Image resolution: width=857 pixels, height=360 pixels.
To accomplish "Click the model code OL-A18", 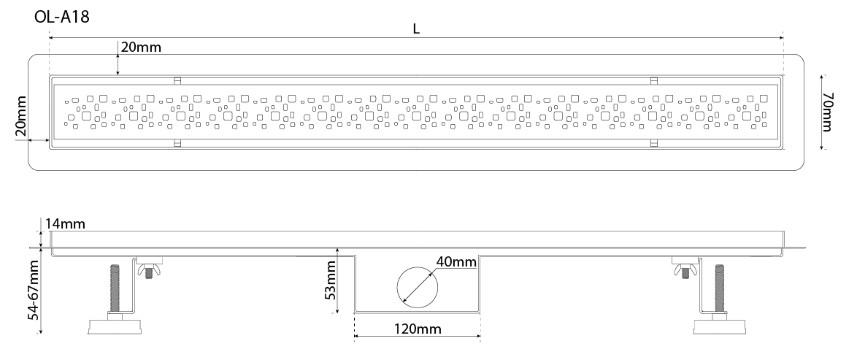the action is [61, 17].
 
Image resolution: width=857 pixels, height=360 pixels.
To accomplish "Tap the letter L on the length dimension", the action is [417, 29].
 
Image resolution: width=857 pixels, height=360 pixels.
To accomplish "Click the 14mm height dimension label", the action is [65, 223].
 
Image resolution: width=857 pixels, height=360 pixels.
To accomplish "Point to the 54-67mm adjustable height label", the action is [34, 290].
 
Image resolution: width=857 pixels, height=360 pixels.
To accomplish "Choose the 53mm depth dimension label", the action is [330, 285].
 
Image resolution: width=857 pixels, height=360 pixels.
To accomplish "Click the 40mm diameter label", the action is [456, 262].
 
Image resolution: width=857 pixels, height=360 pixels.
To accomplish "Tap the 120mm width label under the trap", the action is [418, 329].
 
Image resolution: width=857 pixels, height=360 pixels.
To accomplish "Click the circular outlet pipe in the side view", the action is [418, 286].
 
